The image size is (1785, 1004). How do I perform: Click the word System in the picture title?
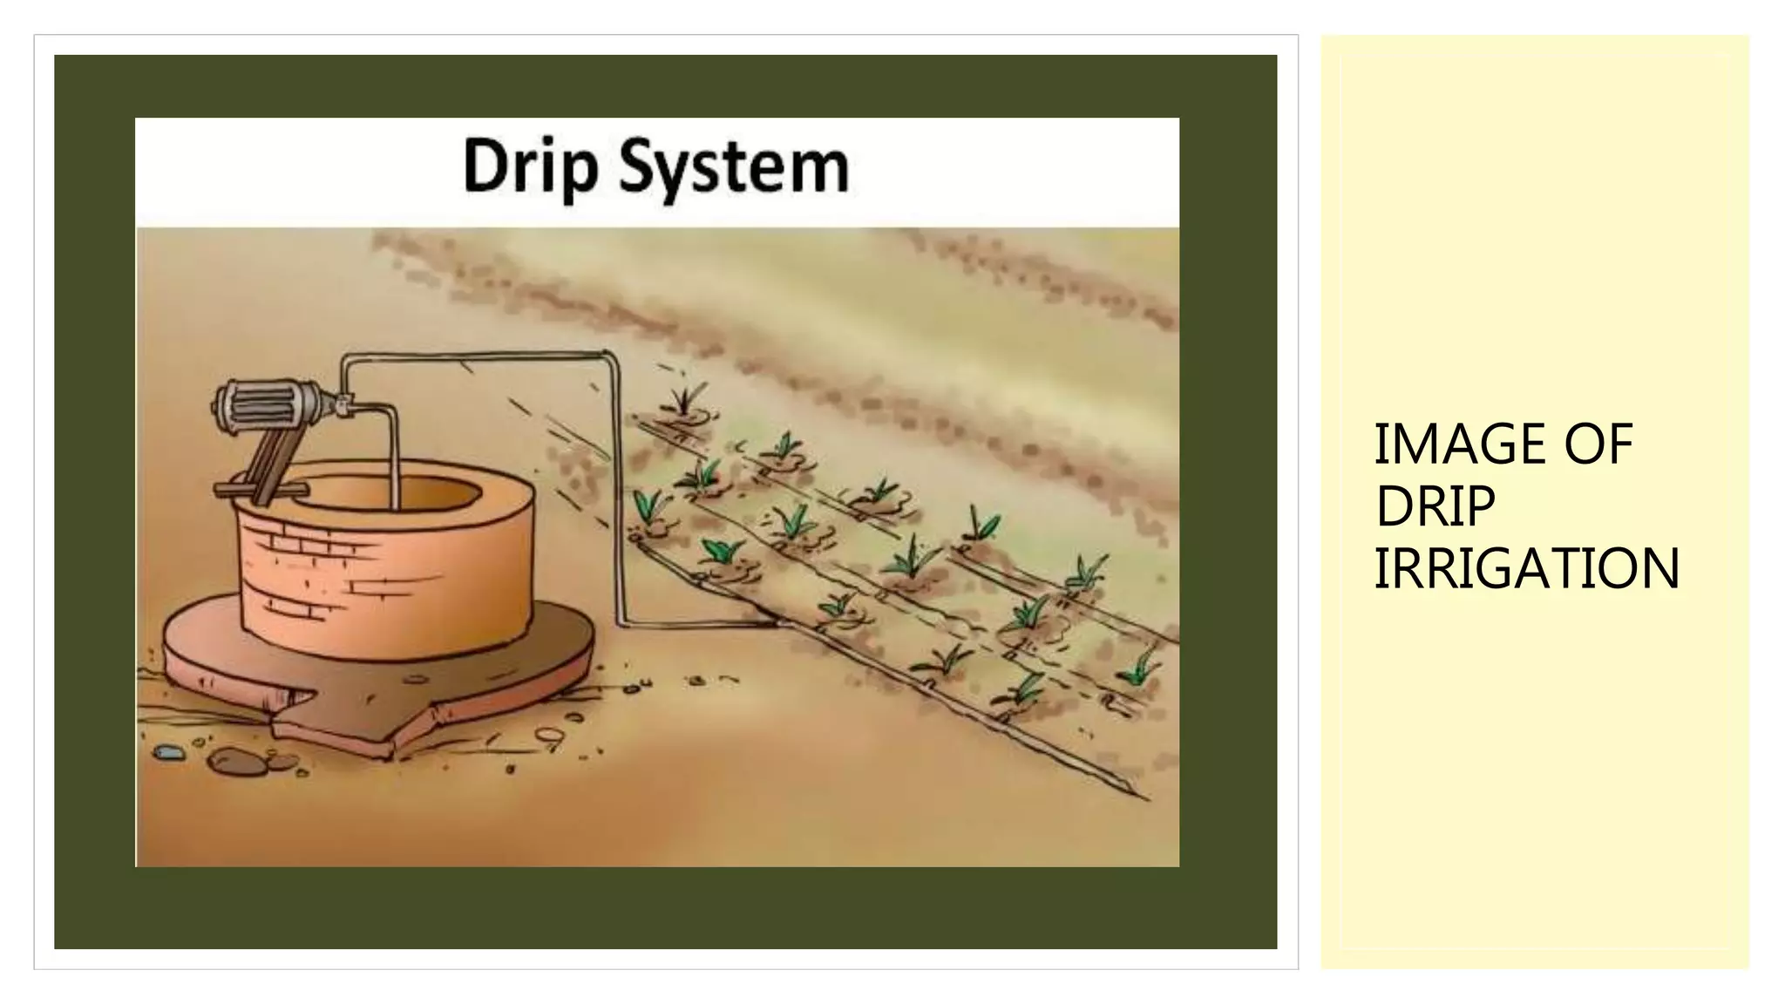click(733, 170)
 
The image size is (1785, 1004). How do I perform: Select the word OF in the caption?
click(1598, 444)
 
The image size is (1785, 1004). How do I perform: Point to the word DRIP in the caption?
click(1434, 506)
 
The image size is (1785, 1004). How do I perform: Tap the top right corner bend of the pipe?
click(609, 355)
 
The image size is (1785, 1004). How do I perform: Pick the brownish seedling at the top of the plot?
click(686, 402)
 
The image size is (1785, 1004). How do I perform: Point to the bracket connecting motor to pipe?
click(345, 404)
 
